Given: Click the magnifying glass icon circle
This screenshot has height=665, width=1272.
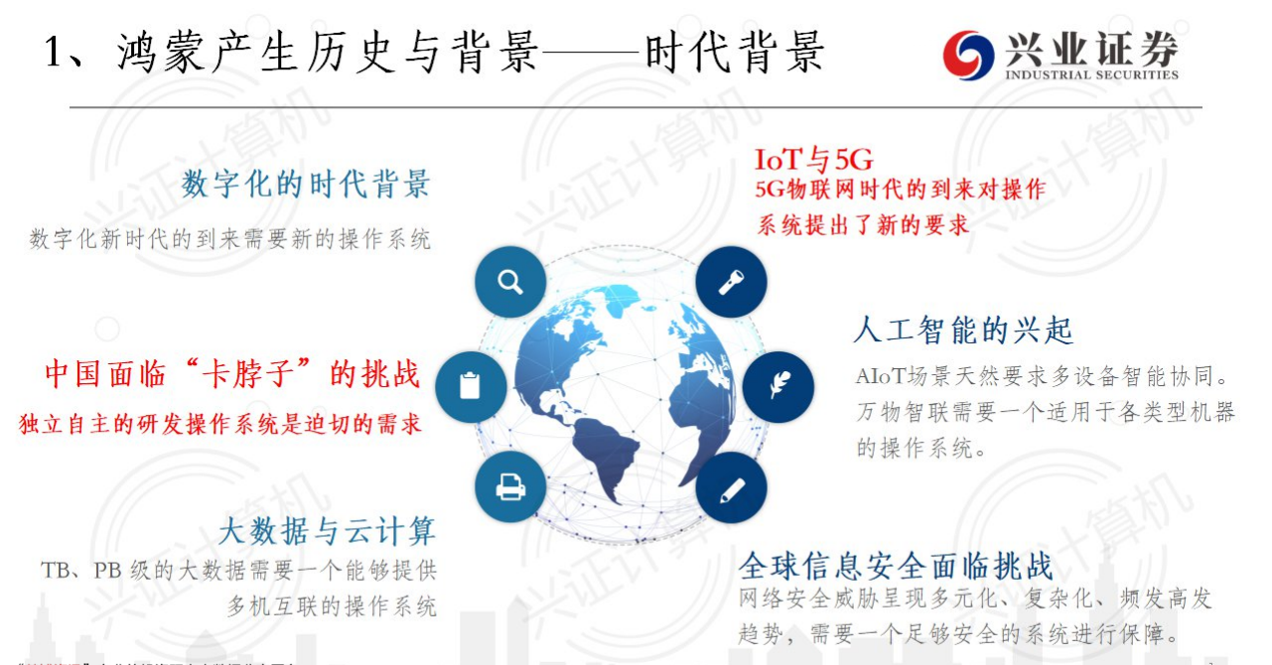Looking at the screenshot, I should (510, 282).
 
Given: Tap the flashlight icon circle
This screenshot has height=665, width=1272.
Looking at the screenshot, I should (731, 282).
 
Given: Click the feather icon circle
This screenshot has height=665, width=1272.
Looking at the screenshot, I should (777, 387).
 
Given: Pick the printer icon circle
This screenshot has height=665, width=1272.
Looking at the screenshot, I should (510, 487).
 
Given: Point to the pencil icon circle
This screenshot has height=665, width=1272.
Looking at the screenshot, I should (731, 487).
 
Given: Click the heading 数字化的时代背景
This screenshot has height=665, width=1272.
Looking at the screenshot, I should (306, 184).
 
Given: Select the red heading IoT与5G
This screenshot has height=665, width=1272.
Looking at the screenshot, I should (813, 159).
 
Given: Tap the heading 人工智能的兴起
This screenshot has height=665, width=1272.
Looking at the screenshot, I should (963, 330).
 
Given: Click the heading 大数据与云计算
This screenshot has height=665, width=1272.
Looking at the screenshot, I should (327, 530).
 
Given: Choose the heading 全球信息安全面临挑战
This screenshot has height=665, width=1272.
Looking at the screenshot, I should (895, 566).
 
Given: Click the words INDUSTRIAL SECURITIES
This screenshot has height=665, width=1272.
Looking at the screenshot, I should (1091, 74).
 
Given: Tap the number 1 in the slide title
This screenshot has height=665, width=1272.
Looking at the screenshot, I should (56, 52).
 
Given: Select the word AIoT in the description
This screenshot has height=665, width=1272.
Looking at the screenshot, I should (879, 378).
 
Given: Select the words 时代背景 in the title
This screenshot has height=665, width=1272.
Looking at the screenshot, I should (735, 52).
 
